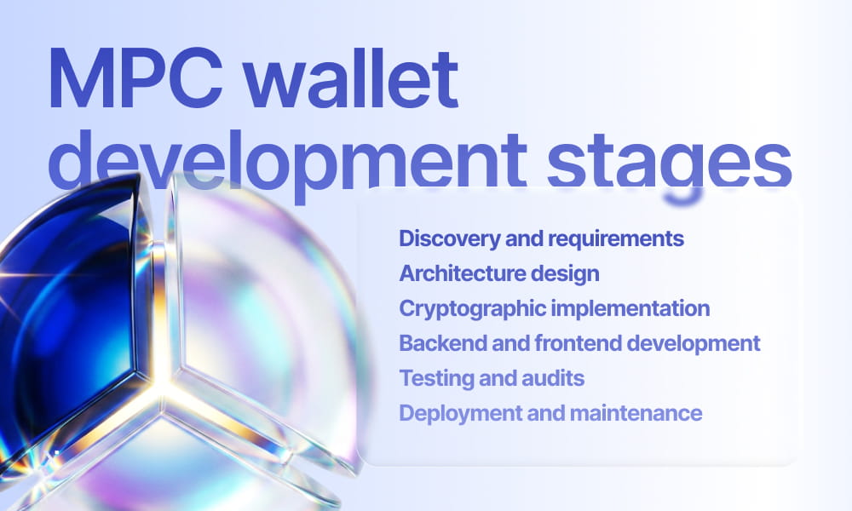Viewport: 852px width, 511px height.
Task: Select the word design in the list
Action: click(569, 273)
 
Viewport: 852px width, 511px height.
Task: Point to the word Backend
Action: click(432, 343)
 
